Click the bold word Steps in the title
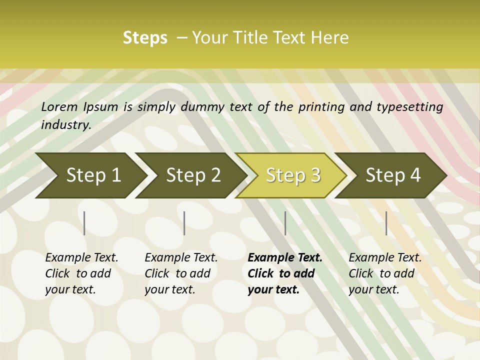(x=145, y=38)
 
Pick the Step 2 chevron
(x=193, y=175)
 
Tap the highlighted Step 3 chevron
(x=293, y=175)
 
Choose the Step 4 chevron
(x=393, y=175)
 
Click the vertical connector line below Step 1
(x=84, y=223)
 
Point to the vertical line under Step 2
(x=184, y=223)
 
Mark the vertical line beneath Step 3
(x=285, y=223)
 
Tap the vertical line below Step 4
(x=386, y=223)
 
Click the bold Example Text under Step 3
(x=285, y=258)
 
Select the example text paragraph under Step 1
(x=81, y=273)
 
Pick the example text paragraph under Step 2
(x=181, y=273)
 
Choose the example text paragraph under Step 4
(x=385, y=273)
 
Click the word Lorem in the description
(x=59, y=107)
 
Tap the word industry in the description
(x=66, y=124)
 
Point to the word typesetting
(x=413, y=107)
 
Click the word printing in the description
(x=318, y=107)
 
